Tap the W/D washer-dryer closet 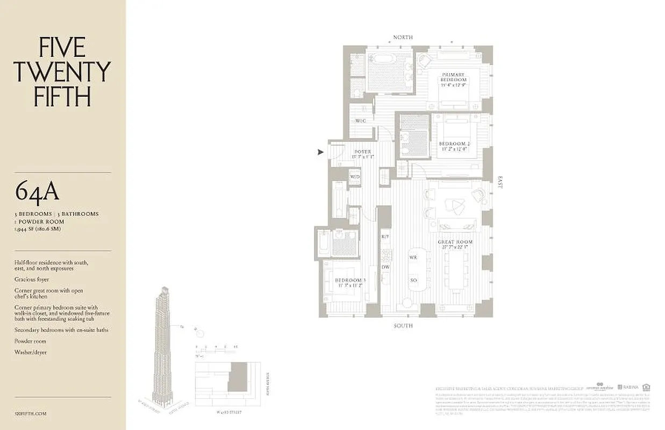(x=355, y=177)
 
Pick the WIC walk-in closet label (x=360, y=121)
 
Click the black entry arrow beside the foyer (x=321, y=153)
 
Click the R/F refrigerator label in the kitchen (x=385, y=237)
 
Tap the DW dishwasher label (x=385, y=267)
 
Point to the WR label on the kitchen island (x=413, y=258)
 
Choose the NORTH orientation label (x=403, y=37)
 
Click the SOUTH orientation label (x=403, y=326)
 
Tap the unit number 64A (x=37, y=191)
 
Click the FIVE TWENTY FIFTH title (x=62, y=72)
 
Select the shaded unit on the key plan (x=237, y=376)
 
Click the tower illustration (x=163, y=344)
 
